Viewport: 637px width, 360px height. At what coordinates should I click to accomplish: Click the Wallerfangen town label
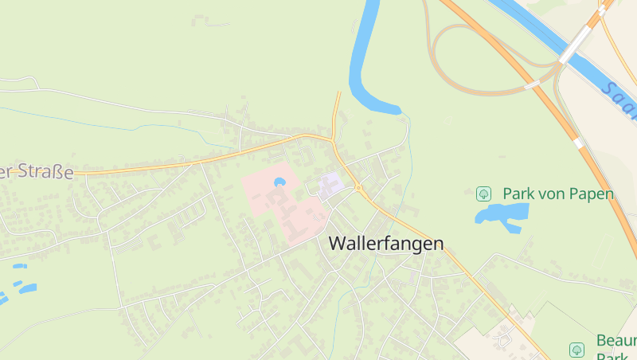(386, 244)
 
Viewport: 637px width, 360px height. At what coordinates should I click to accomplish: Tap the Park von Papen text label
(557, 194)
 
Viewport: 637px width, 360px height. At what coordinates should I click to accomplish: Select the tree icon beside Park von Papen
(483, 194)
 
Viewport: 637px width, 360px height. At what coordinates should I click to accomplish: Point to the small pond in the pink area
(279, 182)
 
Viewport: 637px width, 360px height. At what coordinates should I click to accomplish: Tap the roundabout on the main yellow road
(358, 189)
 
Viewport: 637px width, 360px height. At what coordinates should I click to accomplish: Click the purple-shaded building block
(330, 186)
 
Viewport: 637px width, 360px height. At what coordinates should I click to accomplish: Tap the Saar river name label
(620, 100)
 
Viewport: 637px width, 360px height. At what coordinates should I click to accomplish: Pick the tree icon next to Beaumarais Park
(576, 350)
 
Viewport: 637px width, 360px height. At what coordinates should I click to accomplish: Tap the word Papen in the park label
(593, 194)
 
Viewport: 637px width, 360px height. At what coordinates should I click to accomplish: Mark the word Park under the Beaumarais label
(613, 356)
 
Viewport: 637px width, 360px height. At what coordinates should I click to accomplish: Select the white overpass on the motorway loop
(532, 84)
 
